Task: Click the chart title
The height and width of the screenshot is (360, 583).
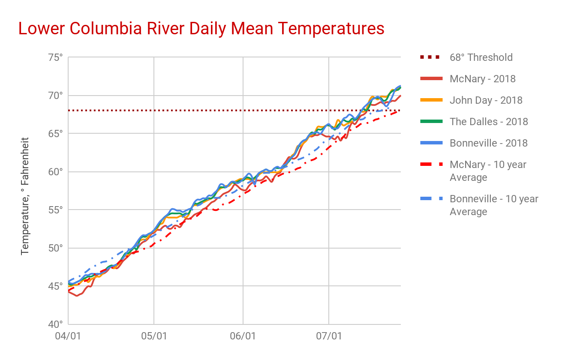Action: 201,29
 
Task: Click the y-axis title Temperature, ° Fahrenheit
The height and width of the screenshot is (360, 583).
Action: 25,196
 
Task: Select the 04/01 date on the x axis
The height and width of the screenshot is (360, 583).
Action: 68,336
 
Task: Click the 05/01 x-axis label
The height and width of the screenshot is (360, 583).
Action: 154,336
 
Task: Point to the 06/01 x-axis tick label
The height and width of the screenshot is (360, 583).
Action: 243,336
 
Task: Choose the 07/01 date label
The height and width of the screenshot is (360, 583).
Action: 329,336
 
